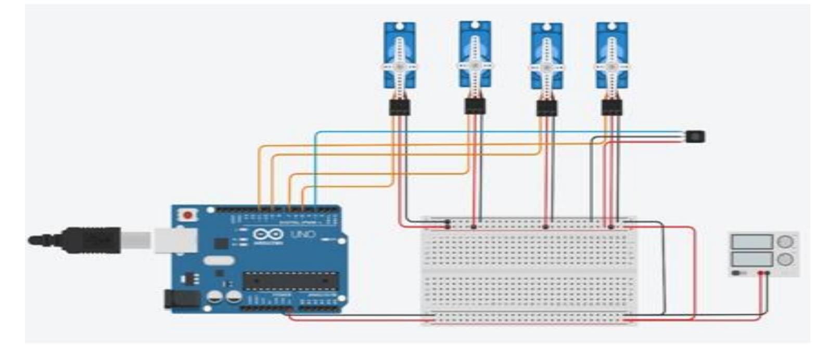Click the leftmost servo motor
coord(399,55)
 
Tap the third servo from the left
coord(546,56)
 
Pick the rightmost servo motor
coord(612,55)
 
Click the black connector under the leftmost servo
coord(399,108)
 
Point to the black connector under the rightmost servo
coord(612,108)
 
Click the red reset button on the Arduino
coord(187,214)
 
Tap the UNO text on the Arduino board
coord(303,234)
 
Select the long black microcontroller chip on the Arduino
coord(289,280)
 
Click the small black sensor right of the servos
coord(696,137)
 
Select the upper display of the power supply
coord(751,242)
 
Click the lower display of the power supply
coord(751,259)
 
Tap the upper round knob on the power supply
coord(785,242)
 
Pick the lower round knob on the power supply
coord(785,259)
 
